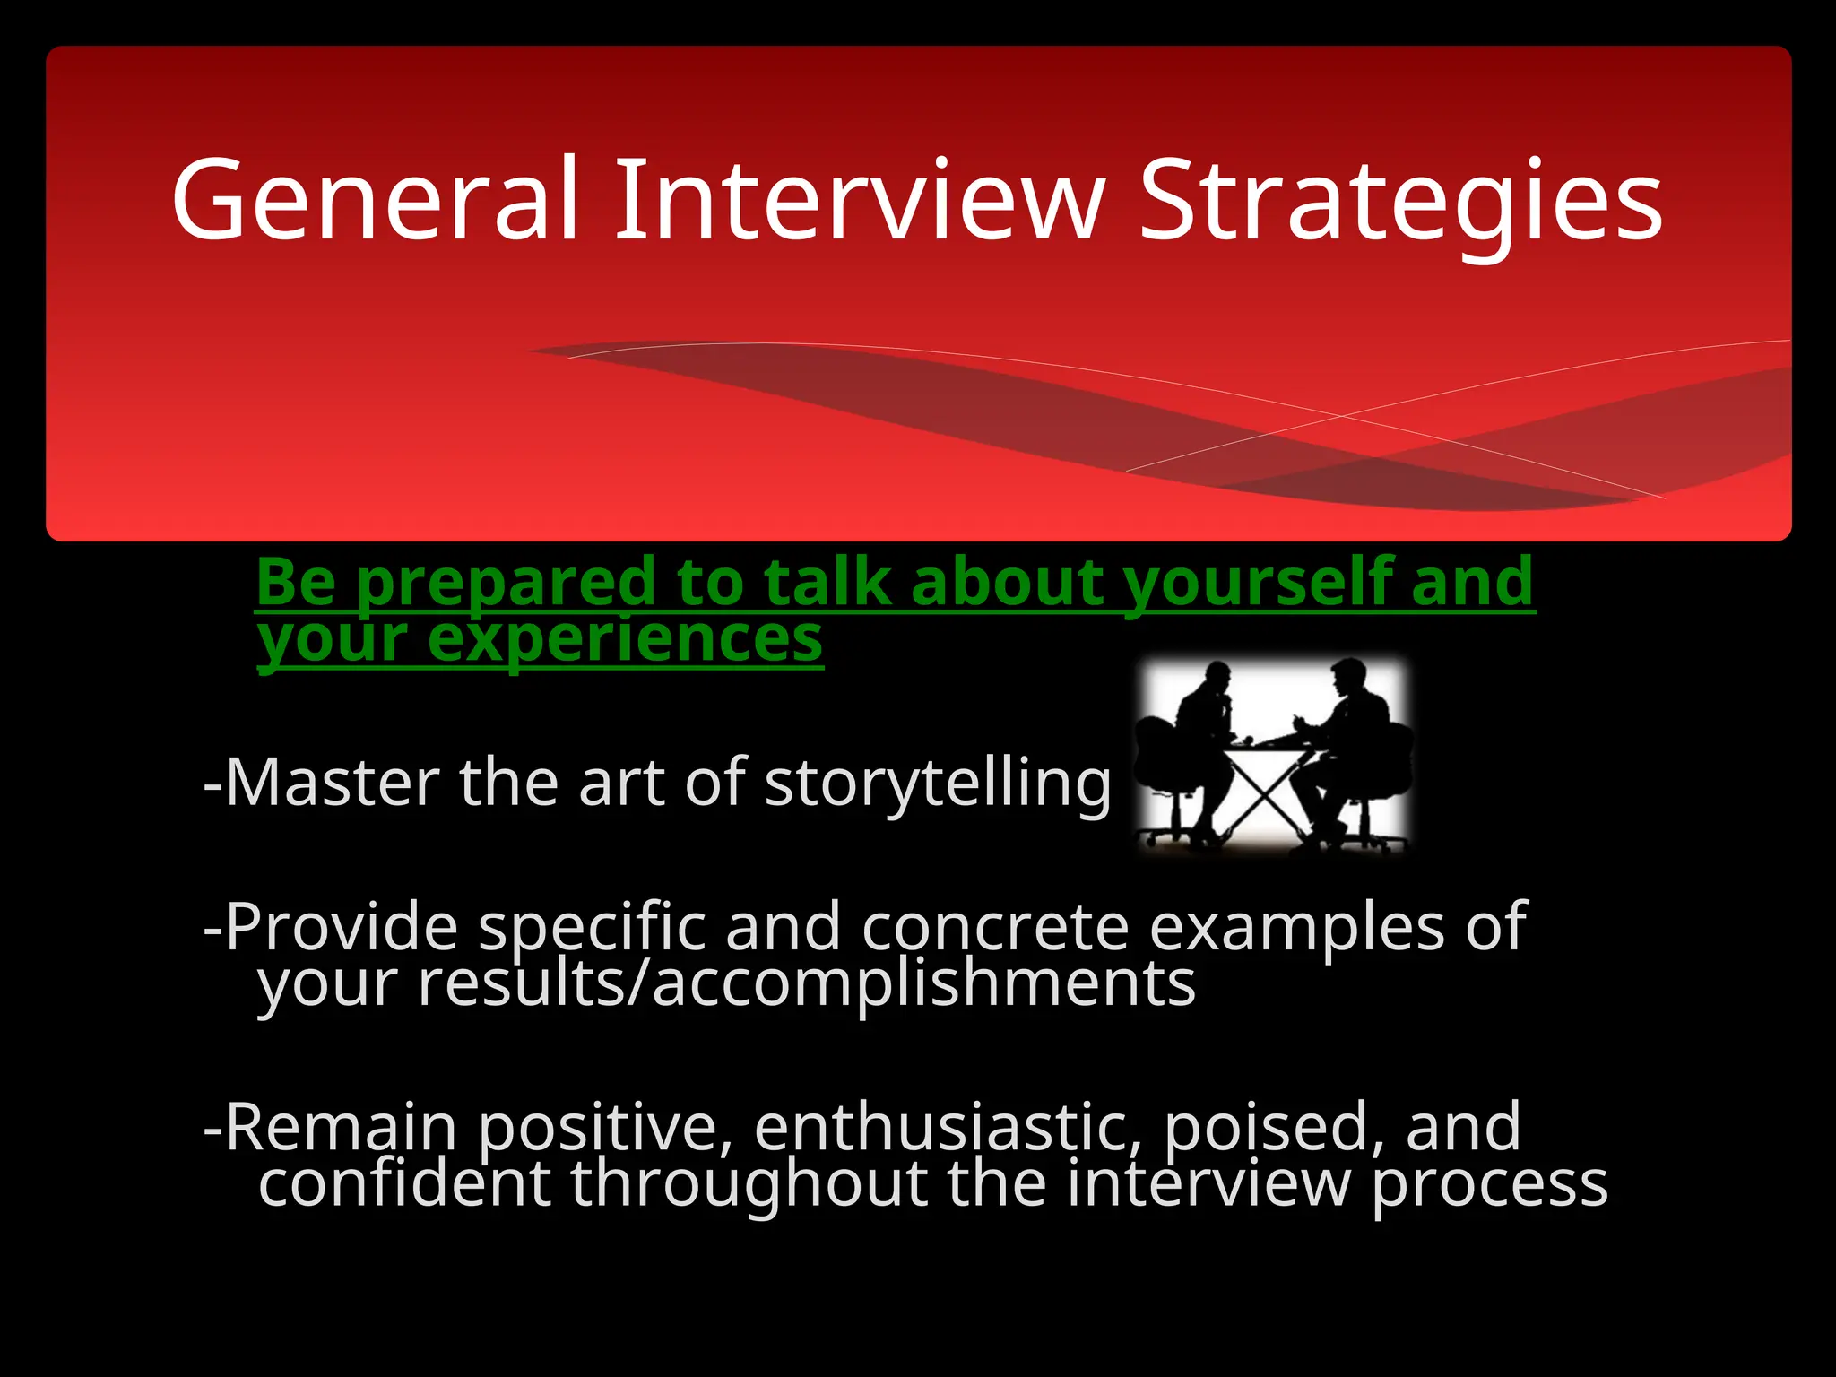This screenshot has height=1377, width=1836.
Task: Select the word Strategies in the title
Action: point(1400,202)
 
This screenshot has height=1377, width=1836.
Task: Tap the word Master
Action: point(332,782)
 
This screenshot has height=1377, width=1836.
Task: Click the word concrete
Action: point(995,928)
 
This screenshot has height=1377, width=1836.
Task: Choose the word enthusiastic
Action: point(948,1127)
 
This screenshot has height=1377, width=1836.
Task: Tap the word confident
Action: point(404,1183)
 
